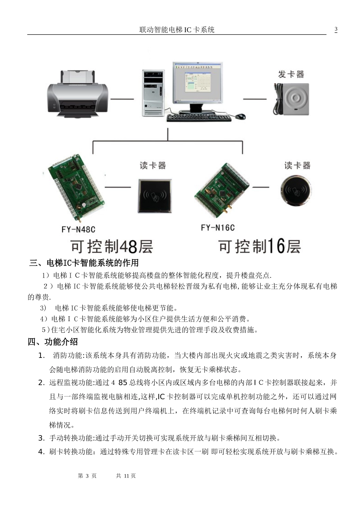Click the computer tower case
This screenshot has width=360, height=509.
click(153, 92)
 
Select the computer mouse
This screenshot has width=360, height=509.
click(240, 116)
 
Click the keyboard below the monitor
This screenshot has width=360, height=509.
click(199, 118)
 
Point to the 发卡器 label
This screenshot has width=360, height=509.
click(291, 74)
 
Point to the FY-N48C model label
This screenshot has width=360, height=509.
click(78, 230)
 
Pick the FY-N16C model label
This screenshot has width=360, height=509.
click(218, 228)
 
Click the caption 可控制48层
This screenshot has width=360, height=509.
click(112, 247)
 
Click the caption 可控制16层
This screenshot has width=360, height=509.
click(260, 246)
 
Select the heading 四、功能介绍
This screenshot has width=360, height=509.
click(53, 342)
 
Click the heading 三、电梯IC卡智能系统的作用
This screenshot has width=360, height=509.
click(84, 263)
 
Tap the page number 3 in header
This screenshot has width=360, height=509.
click(336, 30)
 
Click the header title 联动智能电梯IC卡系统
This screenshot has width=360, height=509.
click(177, 30)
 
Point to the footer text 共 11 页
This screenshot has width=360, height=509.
click(126, 476)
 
